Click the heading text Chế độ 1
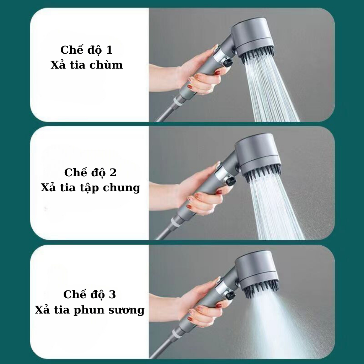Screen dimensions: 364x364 (x=86, y=50)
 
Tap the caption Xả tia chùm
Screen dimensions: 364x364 (x=86, y=65)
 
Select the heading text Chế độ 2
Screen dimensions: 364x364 (x=90, y=172)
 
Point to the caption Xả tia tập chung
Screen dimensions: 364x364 (x=90, y=188)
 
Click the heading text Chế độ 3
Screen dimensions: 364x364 (x=90, y=295)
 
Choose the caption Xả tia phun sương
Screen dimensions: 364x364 (x=90, y=310)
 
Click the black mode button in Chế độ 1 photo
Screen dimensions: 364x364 (x=227, y=63)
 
